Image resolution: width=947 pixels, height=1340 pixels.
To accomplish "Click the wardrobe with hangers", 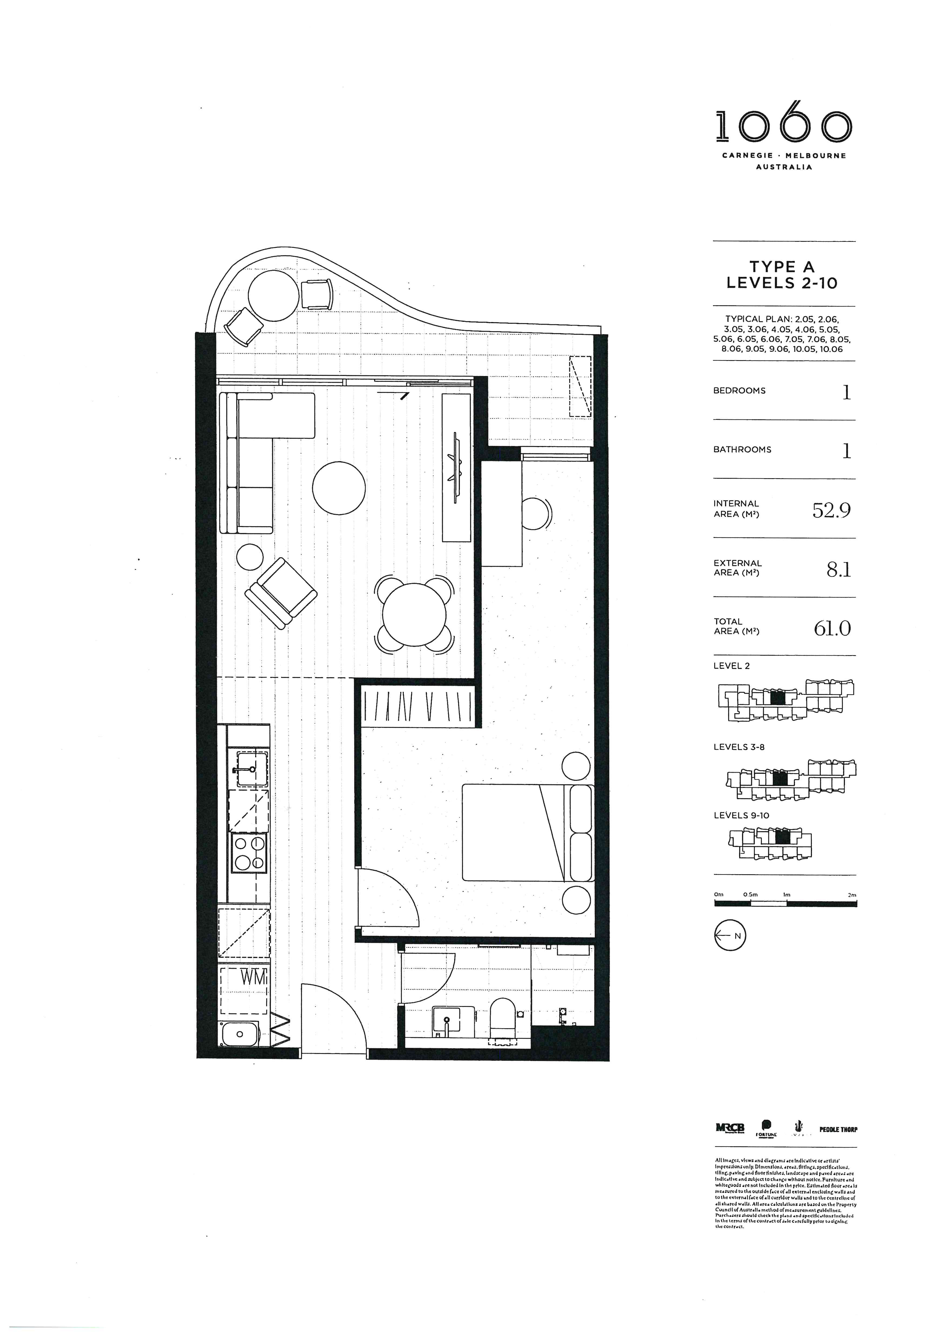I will coord(418,707).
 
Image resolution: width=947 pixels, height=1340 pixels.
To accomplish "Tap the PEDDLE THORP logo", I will coord(838,1129).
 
